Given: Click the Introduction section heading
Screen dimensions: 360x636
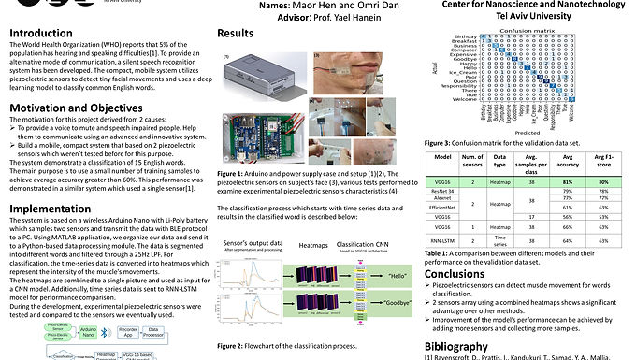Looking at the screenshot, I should point(42,34).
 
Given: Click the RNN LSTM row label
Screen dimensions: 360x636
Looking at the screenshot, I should point(444,240).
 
